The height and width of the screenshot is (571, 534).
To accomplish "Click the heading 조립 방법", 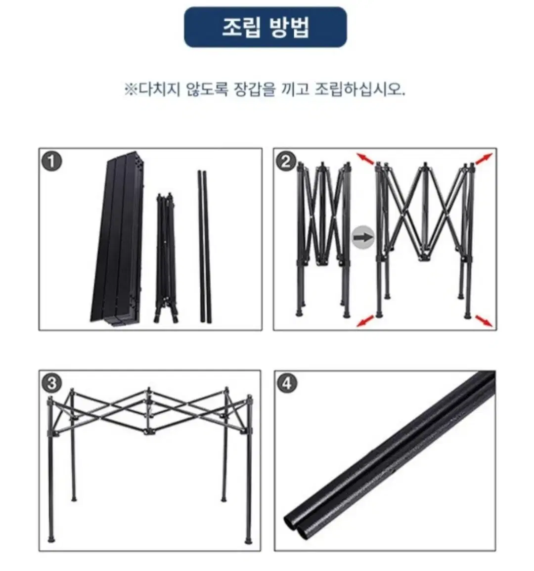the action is pos(266,27).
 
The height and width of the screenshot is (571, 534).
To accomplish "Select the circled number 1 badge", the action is pos(52,161).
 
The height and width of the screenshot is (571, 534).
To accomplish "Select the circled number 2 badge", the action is pos(286,161).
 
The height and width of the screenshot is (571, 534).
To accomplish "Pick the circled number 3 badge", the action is pos(52,384).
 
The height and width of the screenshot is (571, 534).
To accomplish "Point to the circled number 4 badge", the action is pos(287,384).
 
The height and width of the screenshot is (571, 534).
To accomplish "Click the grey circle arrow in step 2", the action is pos(363,237).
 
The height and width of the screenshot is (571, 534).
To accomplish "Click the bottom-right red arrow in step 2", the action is pos(484,321).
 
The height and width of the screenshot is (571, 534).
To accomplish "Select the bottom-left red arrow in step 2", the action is pos(365,321).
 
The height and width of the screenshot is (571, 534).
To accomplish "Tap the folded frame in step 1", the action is pos(167,258).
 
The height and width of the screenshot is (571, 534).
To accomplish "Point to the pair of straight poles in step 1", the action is pos(204,246).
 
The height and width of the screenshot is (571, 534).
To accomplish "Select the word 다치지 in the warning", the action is pos(160,89).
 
